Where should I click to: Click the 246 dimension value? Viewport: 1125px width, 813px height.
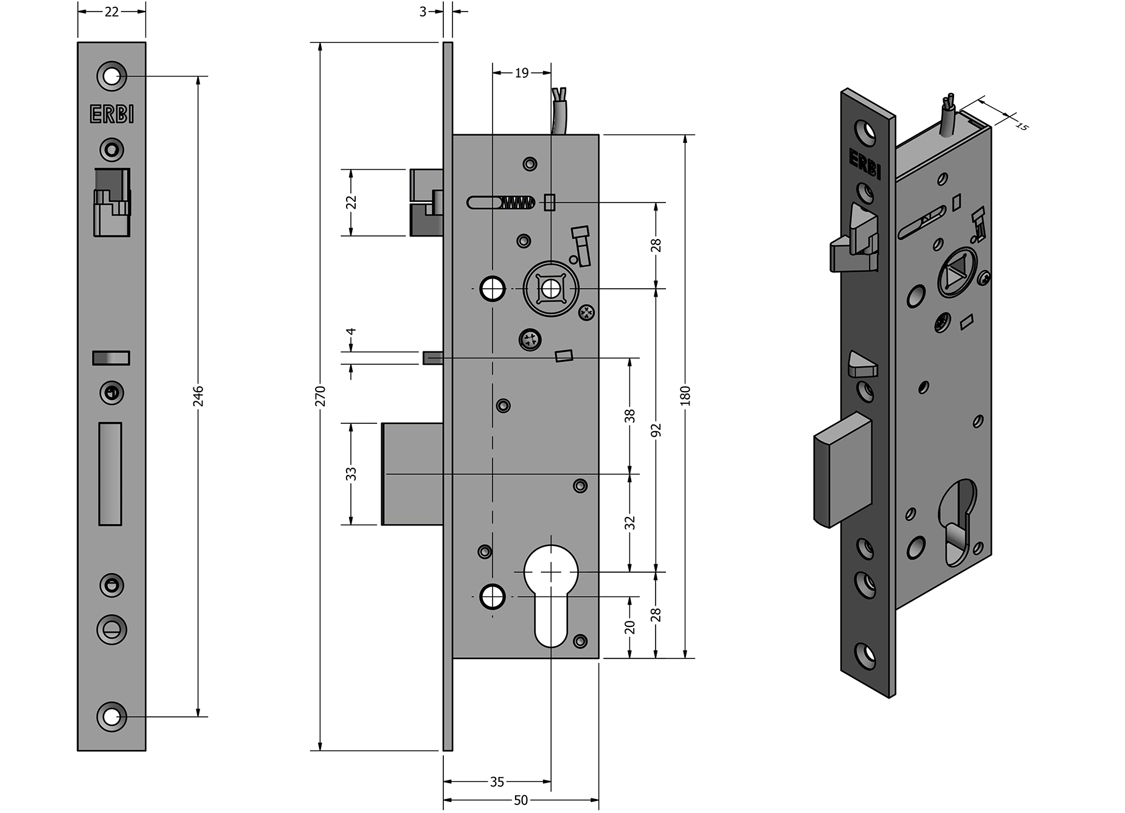click(x=198, y=396)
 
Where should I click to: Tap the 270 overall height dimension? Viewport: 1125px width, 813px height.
click(x=320, y=396)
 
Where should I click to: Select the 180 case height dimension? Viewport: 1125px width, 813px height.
click(x=686, y=396)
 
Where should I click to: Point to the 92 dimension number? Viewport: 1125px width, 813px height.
click(x=656, y=430)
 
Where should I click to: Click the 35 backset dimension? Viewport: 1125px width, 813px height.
click(x=497, y=782)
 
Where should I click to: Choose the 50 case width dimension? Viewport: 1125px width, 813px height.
click(x=521, y=800)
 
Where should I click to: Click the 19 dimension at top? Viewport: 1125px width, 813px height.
click(x=522, y=73)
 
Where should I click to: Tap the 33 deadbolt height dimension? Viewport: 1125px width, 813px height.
click(x=351, y=474)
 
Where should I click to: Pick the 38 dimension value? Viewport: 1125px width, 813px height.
click(x=630, y=416)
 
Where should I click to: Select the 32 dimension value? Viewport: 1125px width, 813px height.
click(x=630, y=523)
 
